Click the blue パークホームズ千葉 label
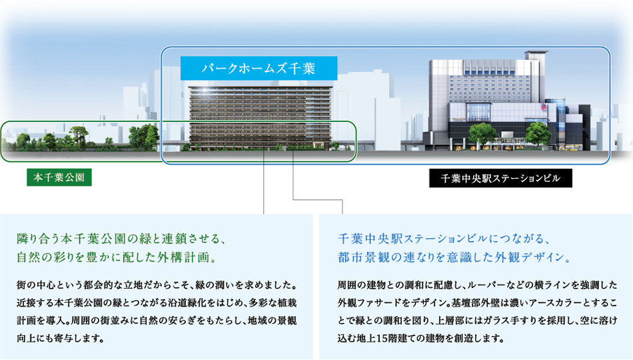point(259,68)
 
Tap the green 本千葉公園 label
point(59,177)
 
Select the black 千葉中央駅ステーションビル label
point(500,178)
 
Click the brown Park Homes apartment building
point(261,118)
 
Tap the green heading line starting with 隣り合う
point(121,239)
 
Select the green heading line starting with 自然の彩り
point(117,257)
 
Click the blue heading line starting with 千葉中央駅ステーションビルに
point(444,239)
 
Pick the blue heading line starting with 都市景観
point(454,257)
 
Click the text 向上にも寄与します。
point(61,339)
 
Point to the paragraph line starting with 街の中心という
point(157,285)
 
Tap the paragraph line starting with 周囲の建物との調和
point(478,285)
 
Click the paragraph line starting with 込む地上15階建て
point(421,339)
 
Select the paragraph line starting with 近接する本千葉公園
point(157,303)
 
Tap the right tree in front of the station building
point(538,134)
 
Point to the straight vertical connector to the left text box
point(264,181)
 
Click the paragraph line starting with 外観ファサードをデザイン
point(478,303)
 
